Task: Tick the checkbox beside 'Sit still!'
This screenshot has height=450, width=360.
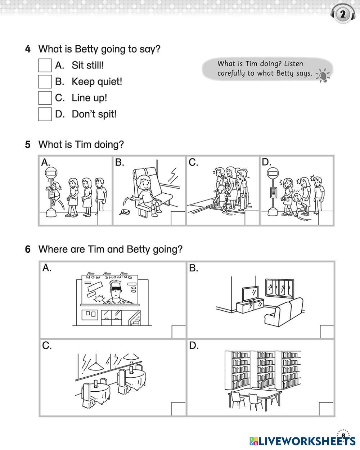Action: point(45,65)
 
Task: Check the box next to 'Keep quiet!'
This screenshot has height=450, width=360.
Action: point(45,81)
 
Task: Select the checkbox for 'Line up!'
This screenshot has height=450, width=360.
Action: point(45,98)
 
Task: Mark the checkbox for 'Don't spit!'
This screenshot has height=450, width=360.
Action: point(45,114)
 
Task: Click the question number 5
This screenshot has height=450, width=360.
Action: point(28,145)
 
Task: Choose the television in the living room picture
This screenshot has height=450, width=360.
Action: point(249,294)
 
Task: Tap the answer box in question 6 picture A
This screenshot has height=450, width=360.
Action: point(179,331)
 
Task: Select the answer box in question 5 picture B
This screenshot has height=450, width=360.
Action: point(178,218)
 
